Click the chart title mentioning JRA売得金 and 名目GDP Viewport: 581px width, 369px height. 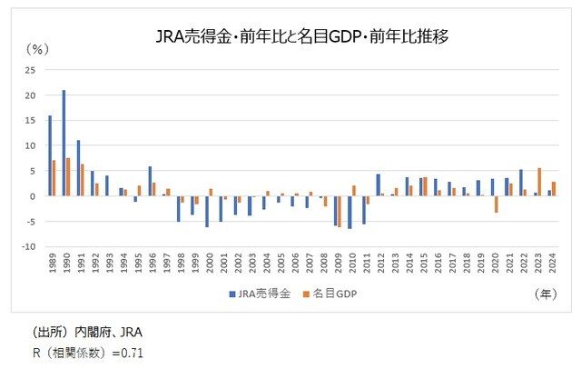pos(290,37)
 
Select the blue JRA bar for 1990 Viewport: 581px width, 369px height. pos(64,143)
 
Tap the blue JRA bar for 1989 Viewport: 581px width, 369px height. pos(50,155)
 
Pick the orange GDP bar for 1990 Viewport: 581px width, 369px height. pos(68,176)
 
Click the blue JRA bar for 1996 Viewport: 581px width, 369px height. pos(149,181)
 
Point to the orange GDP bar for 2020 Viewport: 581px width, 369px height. pos(497,204)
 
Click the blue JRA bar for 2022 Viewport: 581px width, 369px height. pos(520,183)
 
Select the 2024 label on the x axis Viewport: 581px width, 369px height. pos(552,268)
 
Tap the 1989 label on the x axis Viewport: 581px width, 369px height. pos(53,268)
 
